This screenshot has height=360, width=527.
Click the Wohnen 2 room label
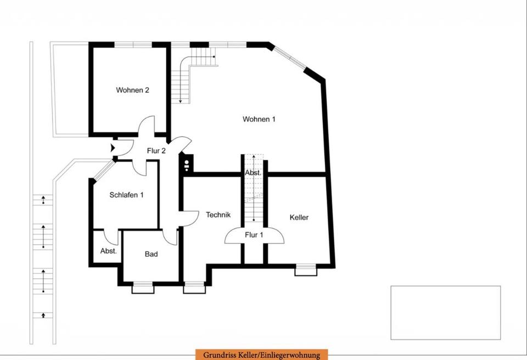point(132,90)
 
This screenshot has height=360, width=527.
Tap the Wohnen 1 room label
point(259,119)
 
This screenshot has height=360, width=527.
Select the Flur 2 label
point(156,151)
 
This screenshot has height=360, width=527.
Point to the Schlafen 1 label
point(126,195)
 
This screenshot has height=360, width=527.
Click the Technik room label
point(218,215)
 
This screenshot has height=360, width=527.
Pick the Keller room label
point(299,217)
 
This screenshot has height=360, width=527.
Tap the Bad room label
point(152,254)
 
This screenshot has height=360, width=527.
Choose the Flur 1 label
point(254,235)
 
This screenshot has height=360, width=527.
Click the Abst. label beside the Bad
point(109,251)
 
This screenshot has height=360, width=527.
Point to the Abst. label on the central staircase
point(253,173)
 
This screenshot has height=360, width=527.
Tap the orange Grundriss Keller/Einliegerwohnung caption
point(261,355)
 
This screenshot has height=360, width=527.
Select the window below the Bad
point(143,288)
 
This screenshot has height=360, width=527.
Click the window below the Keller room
point(306,270)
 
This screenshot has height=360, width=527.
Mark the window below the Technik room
point(194,288)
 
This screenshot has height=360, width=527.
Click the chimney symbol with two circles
point(187,165)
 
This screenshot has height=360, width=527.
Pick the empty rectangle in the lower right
point(446,313)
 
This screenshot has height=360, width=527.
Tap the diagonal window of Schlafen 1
point(104,170)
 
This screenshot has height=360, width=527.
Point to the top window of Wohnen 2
point(133,44)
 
